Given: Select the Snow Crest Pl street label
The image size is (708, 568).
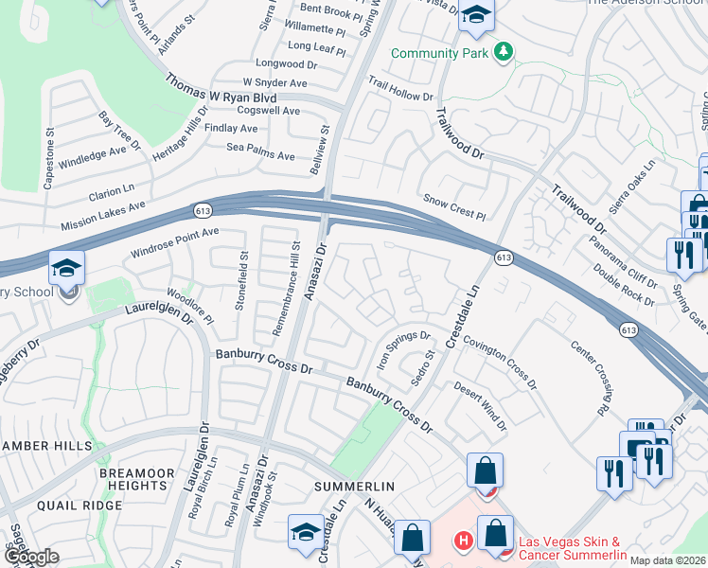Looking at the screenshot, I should (x=454, y=209).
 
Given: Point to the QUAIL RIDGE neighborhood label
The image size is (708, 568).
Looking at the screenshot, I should (x=80, y=506).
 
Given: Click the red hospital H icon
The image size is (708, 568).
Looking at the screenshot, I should (x=463, y=542).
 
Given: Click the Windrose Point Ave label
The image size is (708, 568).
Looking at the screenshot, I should (x=175, y=241).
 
